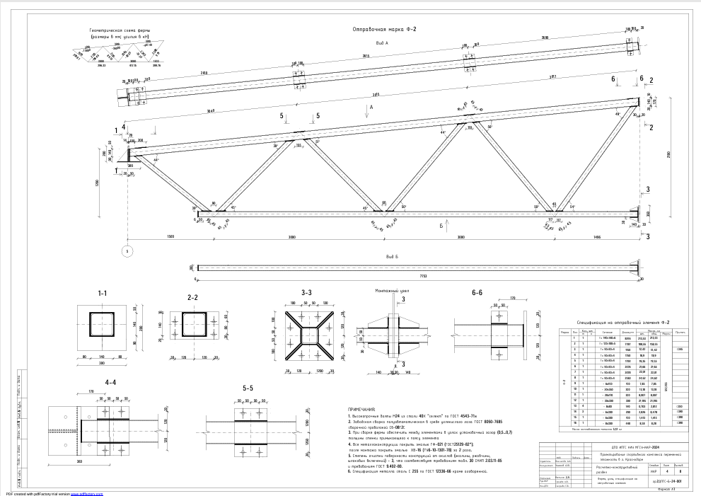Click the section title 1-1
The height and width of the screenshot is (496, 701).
[103, 292]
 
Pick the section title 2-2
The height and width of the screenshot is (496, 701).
[193, 298]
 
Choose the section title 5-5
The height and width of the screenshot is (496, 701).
[248, 388]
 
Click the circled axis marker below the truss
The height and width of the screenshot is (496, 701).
[127, 251]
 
